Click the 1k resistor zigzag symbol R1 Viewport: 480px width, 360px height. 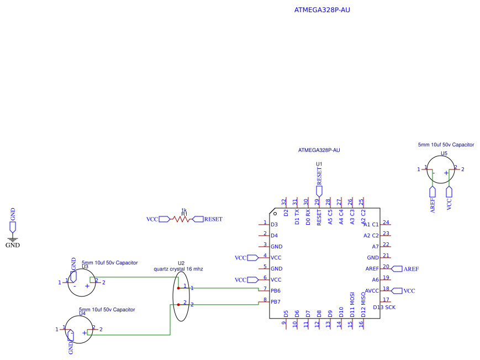pos(181,219)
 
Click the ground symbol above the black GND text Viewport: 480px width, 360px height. pos(13,240)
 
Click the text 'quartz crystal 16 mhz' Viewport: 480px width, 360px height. pos(178,269)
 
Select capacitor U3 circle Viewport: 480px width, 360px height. pos(81,282)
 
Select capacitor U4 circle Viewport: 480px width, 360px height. pos(79,329)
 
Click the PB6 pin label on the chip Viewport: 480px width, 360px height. pos(276,290)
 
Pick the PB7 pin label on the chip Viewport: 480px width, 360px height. pos(276,301)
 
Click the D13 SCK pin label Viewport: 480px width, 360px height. pos(384,307)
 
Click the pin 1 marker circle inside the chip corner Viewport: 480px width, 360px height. pos(275,213)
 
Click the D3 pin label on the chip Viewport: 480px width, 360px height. pos(274,225)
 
